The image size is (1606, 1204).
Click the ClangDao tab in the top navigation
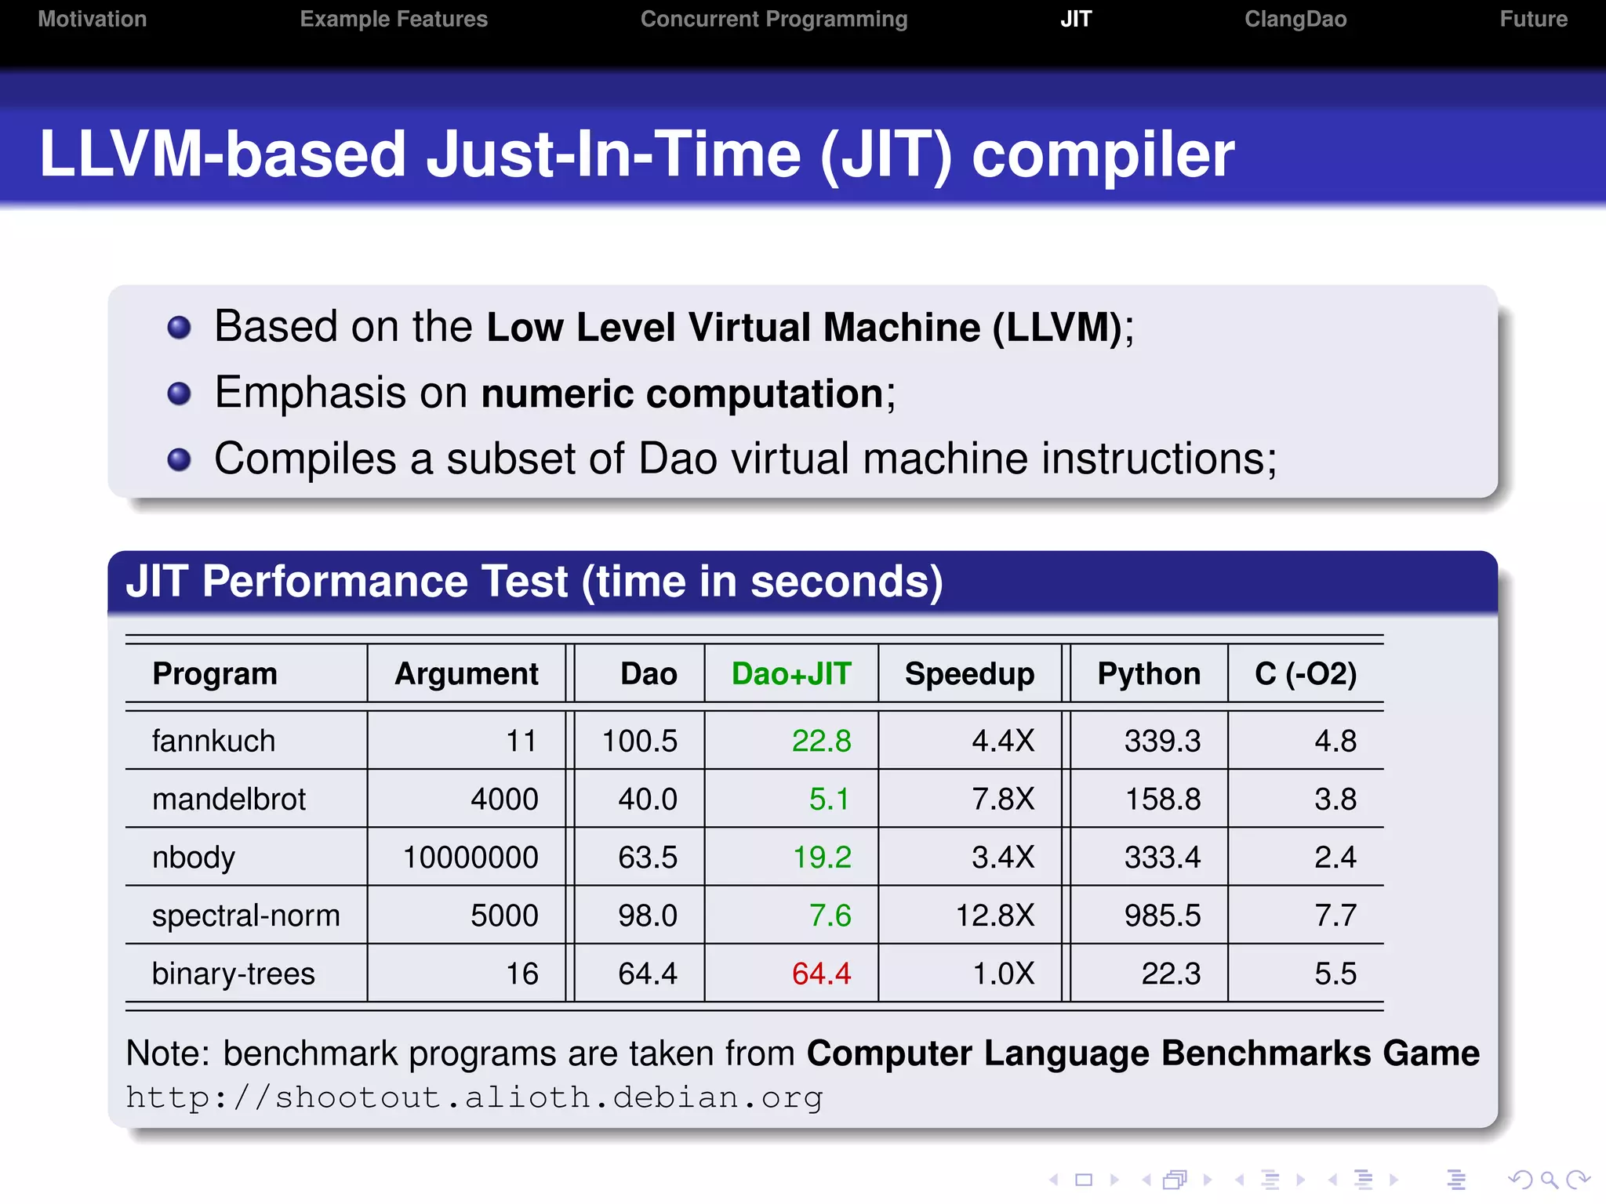tap(1295, 19)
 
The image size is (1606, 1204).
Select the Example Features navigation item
tap(394, 19)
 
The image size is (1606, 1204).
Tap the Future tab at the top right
tap(1533, 19)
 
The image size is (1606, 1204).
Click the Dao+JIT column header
tap(790, 674)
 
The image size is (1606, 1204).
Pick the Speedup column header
tap(969, 674)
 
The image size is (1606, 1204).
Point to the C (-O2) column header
tap(1305, 674)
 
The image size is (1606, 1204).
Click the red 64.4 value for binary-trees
tap(821, 974)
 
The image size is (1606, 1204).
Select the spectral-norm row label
tap(245, 916)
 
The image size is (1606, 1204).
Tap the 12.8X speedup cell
tap(994, 916)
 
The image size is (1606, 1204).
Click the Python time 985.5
tap(1162, 916)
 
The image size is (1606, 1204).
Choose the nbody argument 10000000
tap(471, 858)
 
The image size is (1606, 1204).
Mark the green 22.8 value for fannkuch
tap(821, 741)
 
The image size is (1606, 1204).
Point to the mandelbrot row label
tap(228, 800)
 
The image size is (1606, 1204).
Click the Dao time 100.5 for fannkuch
tap(639, 741)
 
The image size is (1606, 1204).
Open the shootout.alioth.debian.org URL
tap(474, 1097)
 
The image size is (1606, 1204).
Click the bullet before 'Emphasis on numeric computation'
tap(179, 393)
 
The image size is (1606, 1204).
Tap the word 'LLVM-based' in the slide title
tap(222, 154)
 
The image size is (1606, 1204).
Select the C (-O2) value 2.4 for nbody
tap(1335, 858)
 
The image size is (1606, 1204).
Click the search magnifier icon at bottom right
tap(1548, 1180)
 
